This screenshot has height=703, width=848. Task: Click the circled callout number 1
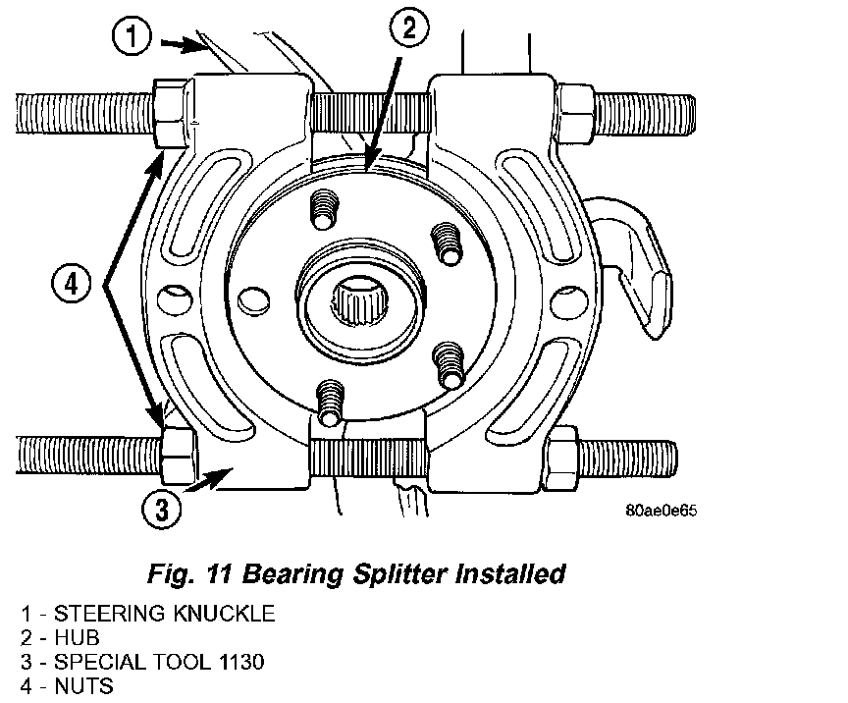point(132,36)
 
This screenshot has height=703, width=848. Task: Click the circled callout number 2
point(408,27)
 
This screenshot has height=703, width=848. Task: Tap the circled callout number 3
point(162,509)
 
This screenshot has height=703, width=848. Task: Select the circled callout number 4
point(72,283)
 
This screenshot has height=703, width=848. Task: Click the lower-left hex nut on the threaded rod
point(179,456)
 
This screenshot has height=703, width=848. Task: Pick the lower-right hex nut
point(562,458)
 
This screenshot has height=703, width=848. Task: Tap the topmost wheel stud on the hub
point(325,208)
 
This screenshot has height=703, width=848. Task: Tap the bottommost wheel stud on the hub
point(330,402)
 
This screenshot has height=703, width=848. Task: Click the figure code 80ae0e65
point(661,511)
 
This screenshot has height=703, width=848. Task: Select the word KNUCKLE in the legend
point(225,614)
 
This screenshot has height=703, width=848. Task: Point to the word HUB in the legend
point(77,637)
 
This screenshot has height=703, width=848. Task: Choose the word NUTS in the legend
point(83,686)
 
